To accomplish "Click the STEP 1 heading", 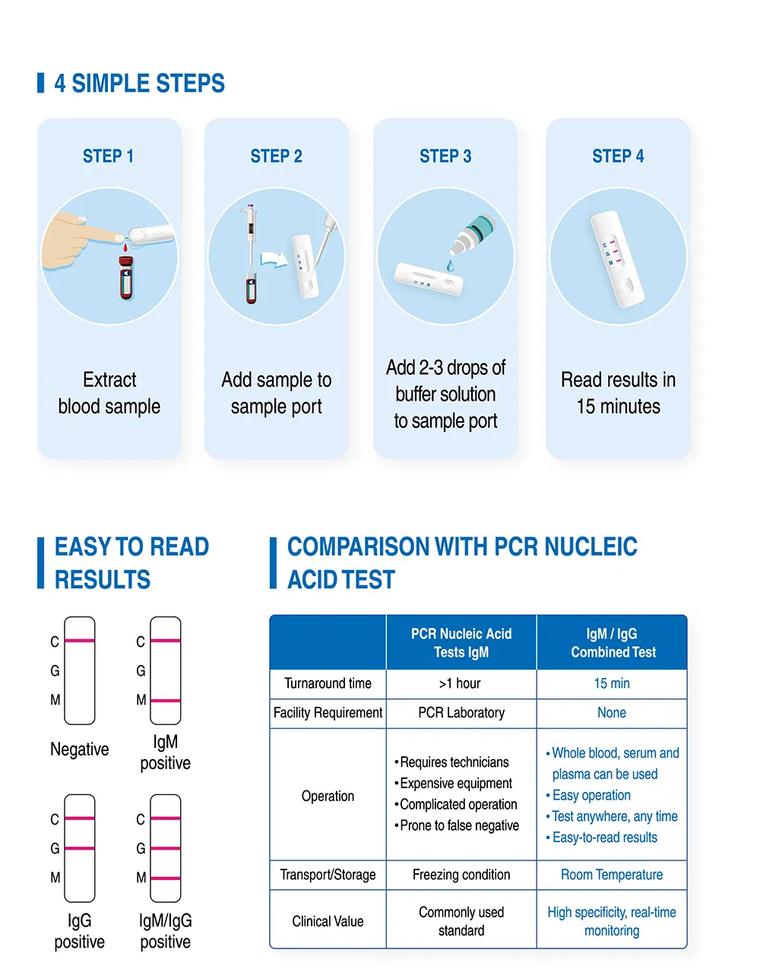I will click(x=108, y=157).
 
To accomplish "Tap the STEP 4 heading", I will click(x=618, y=157).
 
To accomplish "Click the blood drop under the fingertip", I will click(x=122, y=247).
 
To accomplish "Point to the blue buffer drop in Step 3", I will click(x=450, y=265).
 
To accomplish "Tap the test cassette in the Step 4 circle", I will click(x=617, y=258).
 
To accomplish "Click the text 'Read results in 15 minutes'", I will click(x=618, y=393).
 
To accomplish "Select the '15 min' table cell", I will click(x=611, y=683).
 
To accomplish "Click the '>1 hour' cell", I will click(x=461, y=683).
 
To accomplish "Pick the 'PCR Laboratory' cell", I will click(x=461, y=713).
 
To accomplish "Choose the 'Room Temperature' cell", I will click(x=611, y=875).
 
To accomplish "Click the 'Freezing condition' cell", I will click(x=461, y=875).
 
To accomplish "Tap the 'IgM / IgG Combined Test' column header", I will click(x=613, y=643).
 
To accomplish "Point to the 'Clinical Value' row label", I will click(x=328, y=921).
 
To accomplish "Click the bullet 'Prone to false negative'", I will click(x=459, y=825).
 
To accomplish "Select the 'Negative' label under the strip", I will click(x=79, y=749).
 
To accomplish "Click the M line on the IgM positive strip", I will click(x=165, y=700).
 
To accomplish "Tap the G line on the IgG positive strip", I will click(x=79, y=848).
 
